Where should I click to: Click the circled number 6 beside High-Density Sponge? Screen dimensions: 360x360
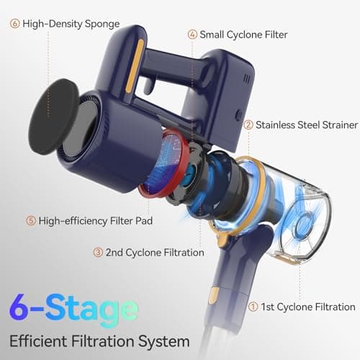click(14, 23)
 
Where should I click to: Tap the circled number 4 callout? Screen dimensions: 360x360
click(192, 34)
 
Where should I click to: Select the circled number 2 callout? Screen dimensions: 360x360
click(248, 125)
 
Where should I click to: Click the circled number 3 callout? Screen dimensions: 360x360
click(97, 252)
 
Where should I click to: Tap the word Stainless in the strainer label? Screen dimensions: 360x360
click(279, 125)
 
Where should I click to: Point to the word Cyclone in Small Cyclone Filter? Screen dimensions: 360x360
click(248, 34)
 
